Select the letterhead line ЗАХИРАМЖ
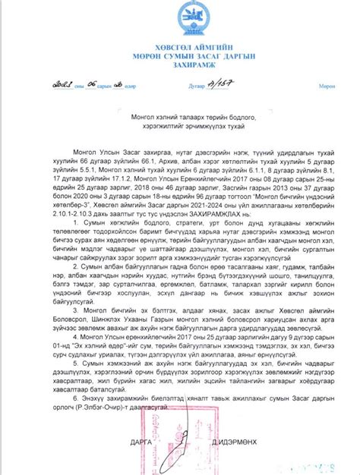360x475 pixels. click(x=180, y=67)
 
